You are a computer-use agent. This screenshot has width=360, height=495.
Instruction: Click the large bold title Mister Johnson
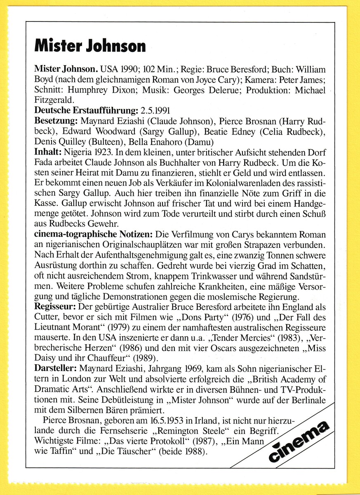coord(90,46)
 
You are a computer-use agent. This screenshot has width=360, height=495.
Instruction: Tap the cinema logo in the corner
coord(299,441)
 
